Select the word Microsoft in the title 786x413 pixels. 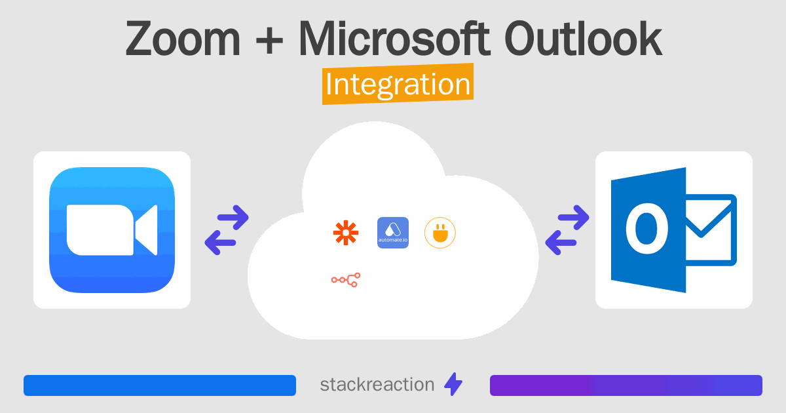(x=393, y=38)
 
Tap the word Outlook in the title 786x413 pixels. (x=583, y=38)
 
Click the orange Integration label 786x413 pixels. (x=398, y=85)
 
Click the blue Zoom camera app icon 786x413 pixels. (x=112, y=230)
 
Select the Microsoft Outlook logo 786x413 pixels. (x=673, y=230)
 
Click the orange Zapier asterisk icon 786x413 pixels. (x=346, y=233)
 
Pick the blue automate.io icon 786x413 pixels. (x=393, y=233)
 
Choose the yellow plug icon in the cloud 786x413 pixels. (x=440, y=233)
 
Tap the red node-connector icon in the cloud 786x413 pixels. (x=346, y=280)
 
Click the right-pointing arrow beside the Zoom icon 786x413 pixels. (x=232, y=217)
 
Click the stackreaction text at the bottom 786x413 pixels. (x=377, y=385)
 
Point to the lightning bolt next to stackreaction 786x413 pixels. (x=453, y=385)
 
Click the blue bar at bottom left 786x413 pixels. (x=160, y=385)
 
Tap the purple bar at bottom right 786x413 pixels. (x=626, y=385)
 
